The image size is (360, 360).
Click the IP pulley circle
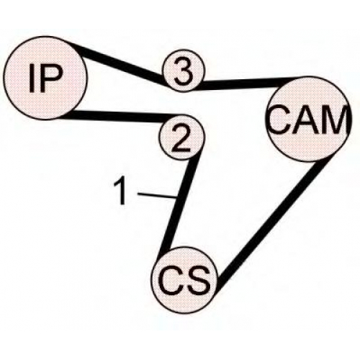point(45,78)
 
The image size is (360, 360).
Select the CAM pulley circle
point(307,119)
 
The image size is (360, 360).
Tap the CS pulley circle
point(185,280)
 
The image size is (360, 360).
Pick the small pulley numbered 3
point(184,71)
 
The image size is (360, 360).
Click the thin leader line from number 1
point(157,195)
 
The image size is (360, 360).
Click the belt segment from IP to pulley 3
point(121,63)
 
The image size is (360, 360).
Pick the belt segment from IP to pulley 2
point(121,116)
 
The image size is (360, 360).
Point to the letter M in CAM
point(335,120)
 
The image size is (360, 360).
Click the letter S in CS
point(199,281)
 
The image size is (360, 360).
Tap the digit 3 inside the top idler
point(184,71)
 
